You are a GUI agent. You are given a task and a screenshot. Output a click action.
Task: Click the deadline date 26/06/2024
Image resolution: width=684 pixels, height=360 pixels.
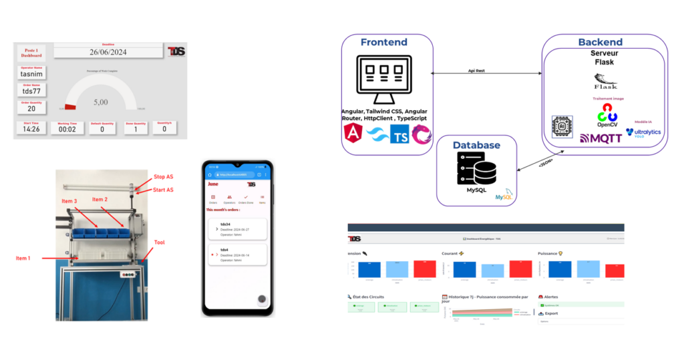tap(108, 52)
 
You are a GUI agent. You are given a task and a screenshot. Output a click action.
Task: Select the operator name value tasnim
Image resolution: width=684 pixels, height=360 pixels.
tap(31, 74)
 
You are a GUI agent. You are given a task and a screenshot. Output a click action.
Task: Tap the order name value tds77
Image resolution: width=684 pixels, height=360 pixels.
tap(31, 92)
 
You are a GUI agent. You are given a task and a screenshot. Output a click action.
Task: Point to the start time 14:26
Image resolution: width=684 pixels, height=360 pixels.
tap(31, 128)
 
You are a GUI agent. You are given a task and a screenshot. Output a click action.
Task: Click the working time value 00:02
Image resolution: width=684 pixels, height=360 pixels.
tap(67, 128)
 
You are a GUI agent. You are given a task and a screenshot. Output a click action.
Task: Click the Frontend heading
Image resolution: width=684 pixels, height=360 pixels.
tap(383, 42)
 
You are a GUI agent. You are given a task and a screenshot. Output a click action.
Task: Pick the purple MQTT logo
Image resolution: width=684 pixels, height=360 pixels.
tap(601, 138)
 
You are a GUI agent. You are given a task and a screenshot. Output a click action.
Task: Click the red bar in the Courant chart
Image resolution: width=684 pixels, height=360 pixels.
tap(520, 269)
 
